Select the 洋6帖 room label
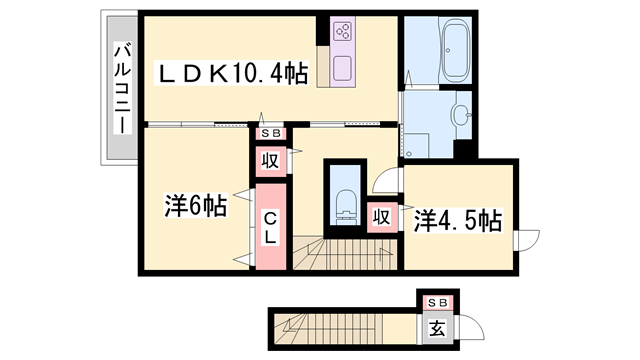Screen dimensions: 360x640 pyautogui.click(x=195, y=207)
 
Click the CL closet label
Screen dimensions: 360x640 pyautogui.click(x=270, y=228)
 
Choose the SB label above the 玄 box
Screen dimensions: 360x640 pyautogui.click(x=437, y=302)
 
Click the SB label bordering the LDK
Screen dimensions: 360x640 pyautogui.click(x=271, y=132)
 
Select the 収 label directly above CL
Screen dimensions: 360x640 pyautogui.click(x=271, y=161)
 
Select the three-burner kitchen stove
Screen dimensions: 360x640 pyautogui.click(x=342, y=30)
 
